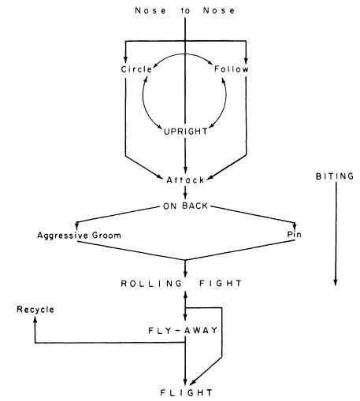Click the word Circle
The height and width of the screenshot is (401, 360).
(136, 69)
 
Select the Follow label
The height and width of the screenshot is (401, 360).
(231, 69)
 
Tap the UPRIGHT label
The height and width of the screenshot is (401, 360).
(186, 132)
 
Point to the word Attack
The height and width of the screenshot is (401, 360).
(185, 180)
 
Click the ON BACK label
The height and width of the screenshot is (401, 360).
(185, 206)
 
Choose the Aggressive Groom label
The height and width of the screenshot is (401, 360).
(80, 236)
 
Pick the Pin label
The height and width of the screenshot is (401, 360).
(294, 234)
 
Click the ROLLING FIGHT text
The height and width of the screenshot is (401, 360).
(181, 284)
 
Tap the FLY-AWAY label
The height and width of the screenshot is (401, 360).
(183, 330)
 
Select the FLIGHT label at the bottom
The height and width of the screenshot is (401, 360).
(186, 392)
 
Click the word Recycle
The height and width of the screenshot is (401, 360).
(35, 310)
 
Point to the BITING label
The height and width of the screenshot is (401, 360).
(335, 176)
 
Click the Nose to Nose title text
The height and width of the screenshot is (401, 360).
(185, 10)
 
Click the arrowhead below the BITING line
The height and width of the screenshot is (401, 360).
(336, 282)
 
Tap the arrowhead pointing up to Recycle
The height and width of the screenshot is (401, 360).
(35, 319)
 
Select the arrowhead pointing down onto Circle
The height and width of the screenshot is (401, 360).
(125, 60)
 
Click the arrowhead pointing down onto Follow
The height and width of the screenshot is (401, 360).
(246, 60)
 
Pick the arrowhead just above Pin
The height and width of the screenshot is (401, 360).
(295, 226)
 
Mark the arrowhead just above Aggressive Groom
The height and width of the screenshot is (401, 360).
(76, 226)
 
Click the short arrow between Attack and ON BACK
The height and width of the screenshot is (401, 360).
(185, 192)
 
